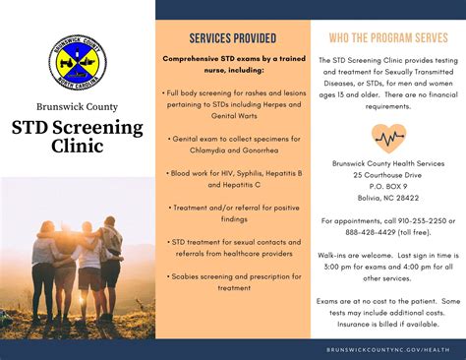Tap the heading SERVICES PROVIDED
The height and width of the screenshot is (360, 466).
232,38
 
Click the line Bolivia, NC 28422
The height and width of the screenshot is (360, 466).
387,197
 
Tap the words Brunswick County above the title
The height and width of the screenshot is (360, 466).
76,107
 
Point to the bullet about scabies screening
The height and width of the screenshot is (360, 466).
232,283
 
